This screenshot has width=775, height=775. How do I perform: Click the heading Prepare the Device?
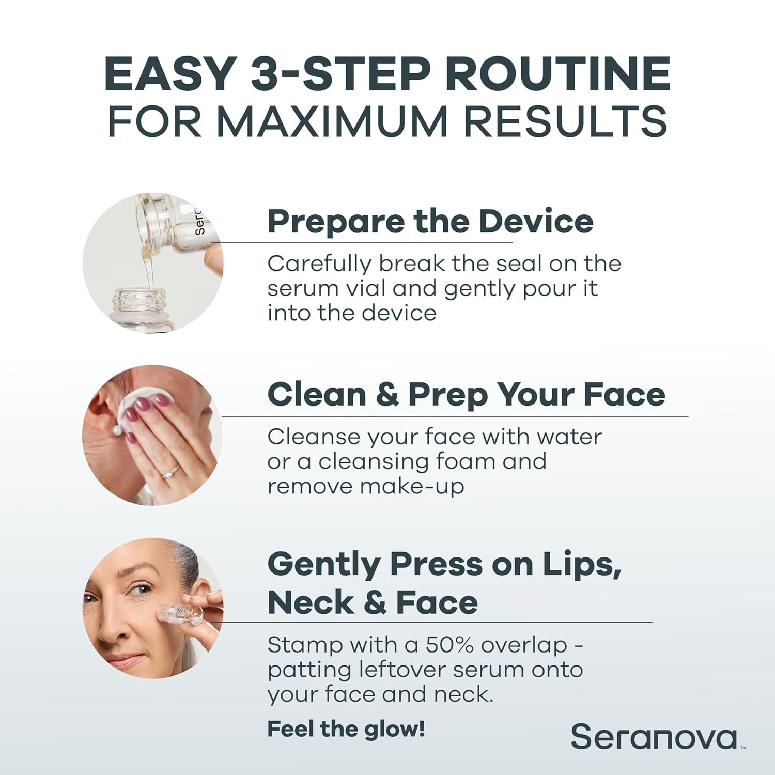point(430,221)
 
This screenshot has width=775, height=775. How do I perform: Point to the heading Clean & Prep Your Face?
point(466,395)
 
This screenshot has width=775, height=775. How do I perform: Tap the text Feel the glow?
point(346,729)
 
